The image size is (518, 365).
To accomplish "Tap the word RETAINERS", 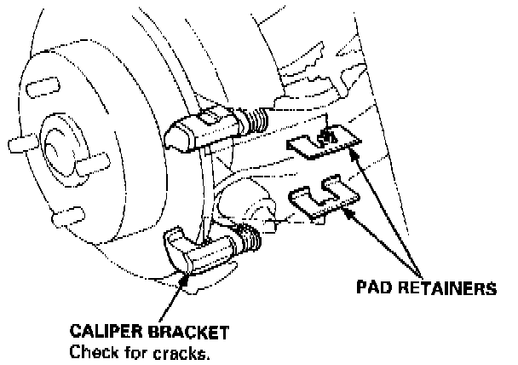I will [x=447, y=288].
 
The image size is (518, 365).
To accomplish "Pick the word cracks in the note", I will [x=178, y=350].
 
